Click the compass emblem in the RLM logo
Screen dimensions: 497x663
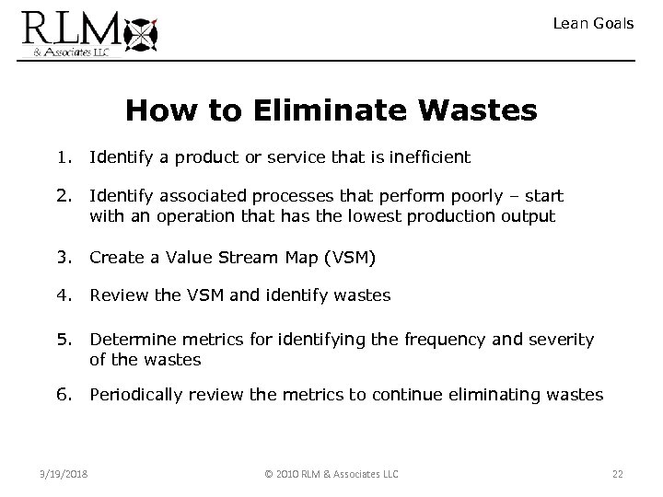tap(145, 33)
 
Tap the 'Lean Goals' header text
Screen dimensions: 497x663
tap(593, 24)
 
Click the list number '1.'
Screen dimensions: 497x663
tap(64, 157)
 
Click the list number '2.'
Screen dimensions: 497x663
tap(64, 196)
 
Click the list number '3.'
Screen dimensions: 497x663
tap(64, 257)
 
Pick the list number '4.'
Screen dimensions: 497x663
tap(64, 295)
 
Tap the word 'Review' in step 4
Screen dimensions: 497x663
tap(115, 295)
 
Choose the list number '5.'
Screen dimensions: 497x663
tap(64, 340)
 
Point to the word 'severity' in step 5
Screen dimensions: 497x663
tap(560, 340)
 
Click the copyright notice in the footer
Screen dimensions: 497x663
tap(331, 474)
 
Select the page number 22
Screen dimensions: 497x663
tap(617, 474)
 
